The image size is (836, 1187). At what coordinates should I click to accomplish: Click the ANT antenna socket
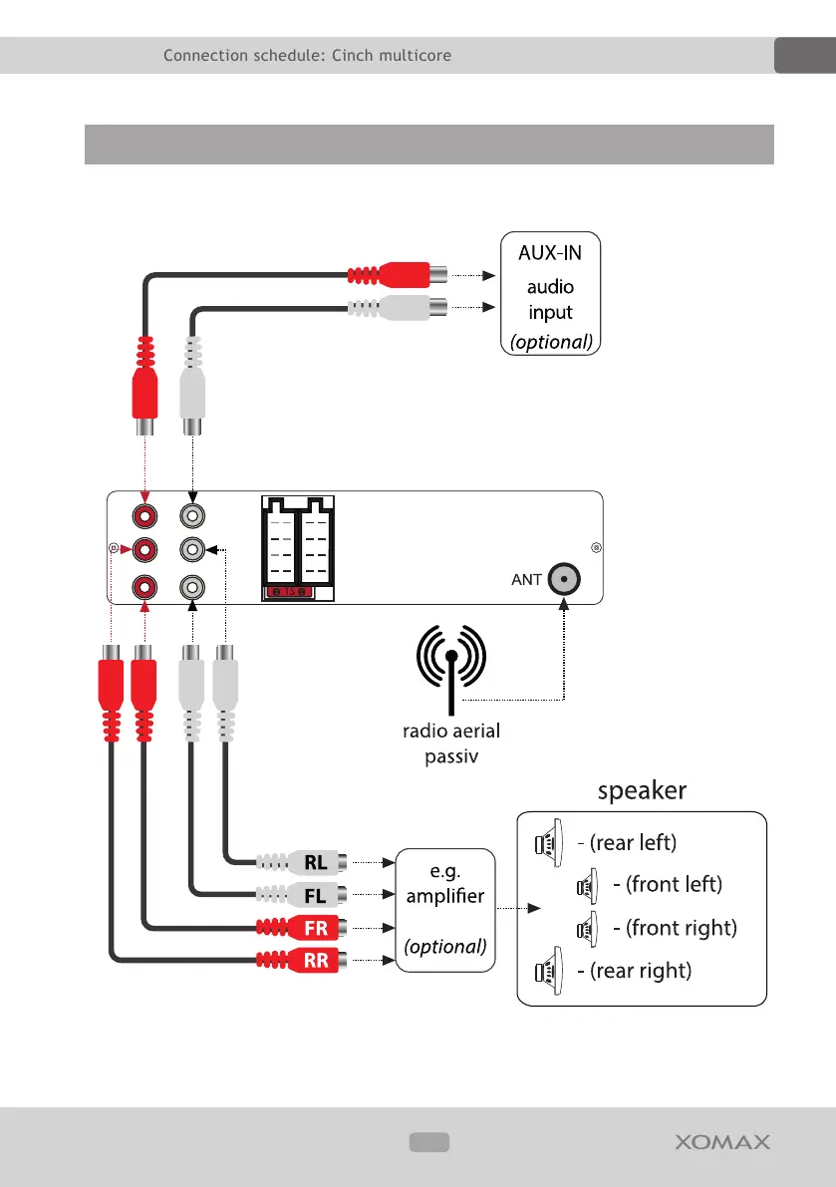[x=564, y=579]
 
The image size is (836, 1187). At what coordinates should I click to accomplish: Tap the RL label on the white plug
[x=316, y=862]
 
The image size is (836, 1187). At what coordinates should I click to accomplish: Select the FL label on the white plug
[x=316, y=896]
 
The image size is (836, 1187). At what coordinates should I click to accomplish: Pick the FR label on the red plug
[x=316, y=928]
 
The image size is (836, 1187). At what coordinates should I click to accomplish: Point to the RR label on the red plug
[x=316, y=961]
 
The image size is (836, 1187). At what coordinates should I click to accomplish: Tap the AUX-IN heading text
[x=550, y=253]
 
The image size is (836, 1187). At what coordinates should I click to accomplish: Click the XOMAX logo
[x=722, y=1141]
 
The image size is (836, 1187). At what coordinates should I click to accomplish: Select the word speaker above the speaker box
[x=642, y=790]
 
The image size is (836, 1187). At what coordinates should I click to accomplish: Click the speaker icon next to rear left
[x=549, y=842]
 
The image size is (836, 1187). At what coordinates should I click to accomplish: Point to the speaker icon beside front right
[x=587, y=929]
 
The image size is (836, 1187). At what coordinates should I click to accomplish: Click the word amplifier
[x=444, y=896]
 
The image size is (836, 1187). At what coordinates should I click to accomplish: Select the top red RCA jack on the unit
[x=144, y=516]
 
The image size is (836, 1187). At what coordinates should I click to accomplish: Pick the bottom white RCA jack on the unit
[x=192, y=587]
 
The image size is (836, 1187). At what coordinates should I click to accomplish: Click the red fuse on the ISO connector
[x=288, y=591]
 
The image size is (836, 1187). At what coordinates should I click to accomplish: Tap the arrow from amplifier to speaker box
[x=519, y=908]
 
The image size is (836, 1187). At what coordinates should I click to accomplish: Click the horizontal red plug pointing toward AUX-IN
[x=398, y=275]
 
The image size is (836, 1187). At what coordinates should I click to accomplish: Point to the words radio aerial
[x=451, y=731]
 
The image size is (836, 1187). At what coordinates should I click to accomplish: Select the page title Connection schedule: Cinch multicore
[x=307, y=55]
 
